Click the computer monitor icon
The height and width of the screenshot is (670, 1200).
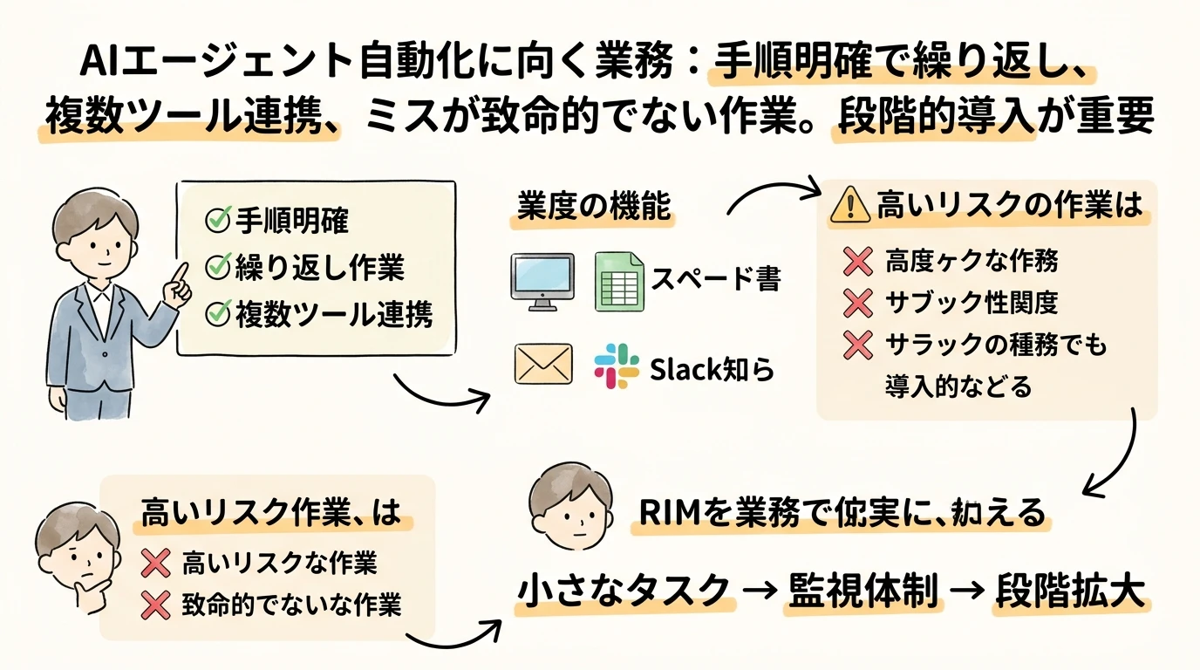[541, 280]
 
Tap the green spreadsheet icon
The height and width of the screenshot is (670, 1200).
[619, 280]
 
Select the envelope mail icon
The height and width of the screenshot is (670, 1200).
[543, 365]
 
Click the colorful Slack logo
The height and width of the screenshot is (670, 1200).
[617, 366]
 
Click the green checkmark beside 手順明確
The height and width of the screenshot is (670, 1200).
[215, 222]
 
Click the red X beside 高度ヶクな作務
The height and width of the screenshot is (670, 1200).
[858, 259]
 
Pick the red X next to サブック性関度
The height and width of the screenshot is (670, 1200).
[858, 303]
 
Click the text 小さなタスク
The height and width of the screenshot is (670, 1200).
[624, 591]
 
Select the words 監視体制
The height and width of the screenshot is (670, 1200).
[863, 591]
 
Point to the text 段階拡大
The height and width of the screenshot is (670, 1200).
[1068, 591]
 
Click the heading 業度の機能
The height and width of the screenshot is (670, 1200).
[593, 208]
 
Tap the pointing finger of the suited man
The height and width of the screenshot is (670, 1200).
[181, 272]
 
